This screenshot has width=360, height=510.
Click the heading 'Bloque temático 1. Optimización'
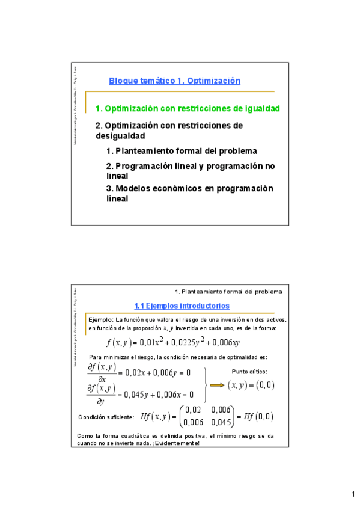[174, 81]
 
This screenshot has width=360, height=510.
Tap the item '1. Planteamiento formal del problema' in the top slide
[181, 151]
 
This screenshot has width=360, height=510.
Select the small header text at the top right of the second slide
[232, 292]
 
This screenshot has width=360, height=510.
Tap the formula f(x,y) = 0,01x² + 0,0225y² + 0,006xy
[172, 343]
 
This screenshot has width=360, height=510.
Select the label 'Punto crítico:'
[249, 372]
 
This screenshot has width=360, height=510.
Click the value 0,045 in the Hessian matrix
[222, 421]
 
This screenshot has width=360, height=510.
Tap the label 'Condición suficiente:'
[106, 416]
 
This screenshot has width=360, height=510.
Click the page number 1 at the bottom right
[352, 494]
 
